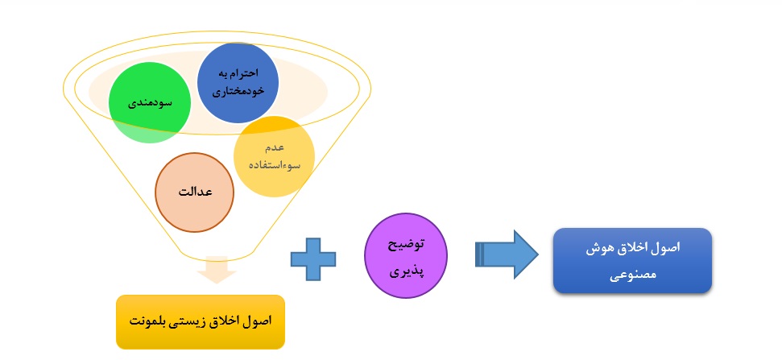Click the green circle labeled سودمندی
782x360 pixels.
(150, 104)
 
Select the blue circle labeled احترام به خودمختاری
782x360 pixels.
(238, 83)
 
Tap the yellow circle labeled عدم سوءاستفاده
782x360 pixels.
(275, 156)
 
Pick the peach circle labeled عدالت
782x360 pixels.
(195, 192)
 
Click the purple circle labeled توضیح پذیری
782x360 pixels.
(406, 256)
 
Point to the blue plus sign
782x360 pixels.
(313, 259)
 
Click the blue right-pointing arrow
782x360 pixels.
(507, 254)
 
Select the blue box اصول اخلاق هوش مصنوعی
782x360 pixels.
(632, 260)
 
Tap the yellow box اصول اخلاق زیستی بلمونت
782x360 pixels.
(201, 321)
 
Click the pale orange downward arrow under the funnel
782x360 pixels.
(217, 270)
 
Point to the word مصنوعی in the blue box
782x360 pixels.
(632, 275)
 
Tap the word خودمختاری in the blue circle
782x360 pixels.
(238, 91)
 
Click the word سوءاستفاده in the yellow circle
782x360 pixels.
(275, 165)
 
